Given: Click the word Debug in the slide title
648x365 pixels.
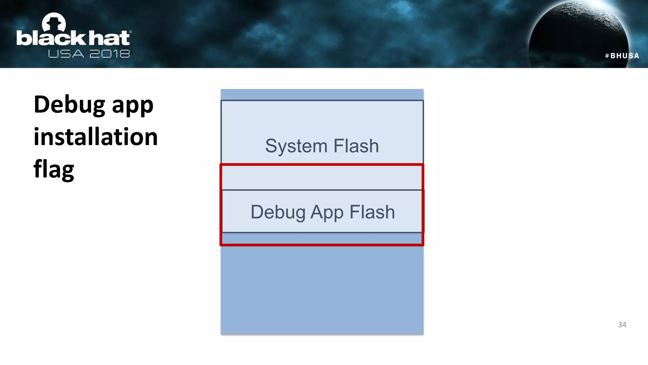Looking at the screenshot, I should (69, 105).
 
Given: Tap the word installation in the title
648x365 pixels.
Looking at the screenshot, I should (96, 137).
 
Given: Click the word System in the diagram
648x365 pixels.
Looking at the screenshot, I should (296, 146).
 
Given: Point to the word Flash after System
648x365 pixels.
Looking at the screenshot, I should (356, 146).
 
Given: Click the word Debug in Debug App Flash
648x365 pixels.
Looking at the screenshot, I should (278, 212).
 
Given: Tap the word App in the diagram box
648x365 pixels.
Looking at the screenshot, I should (327, 212).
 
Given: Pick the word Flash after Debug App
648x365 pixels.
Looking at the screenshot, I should (372, 212).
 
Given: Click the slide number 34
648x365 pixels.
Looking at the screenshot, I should (622, 324).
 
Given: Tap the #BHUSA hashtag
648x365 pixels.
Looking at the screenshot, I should (622, 56).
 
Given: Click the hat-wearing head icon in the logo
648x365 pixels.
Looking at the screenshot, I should (54, 23).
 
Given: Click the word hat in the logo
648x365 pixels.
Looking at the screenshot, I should (109, 38).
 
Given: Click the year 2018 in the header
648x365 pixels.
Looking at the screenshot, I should (109, 54).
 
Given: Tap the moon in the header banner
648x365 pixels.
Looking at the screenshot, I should (579, 35).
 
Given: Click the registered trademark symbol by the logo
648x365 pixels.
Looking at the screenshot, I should (130, 32).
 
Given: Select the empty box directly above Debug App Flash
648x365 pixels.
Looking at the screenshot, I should (322, 178).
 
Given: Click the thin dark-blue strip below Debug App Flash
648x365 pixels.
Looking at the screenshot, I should (322, 238).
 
